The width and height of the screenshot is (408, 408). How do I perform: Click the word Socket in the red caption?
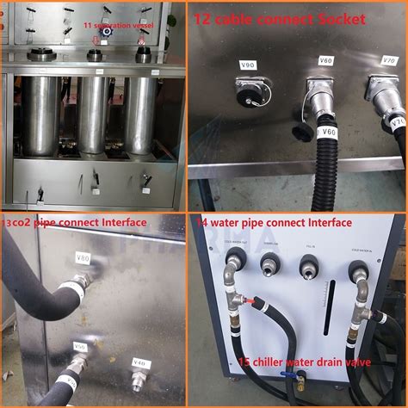coord(340,18)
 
